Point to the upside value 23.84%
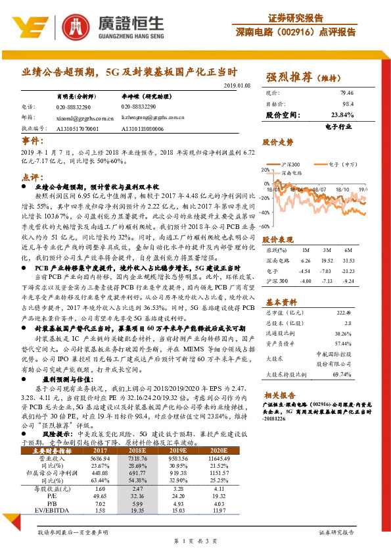(343, 114)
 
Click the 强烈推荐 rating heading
(291, 77)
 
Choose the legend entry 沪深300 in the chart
(290, 164)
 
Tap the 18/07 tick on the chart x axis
(317, 188)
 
